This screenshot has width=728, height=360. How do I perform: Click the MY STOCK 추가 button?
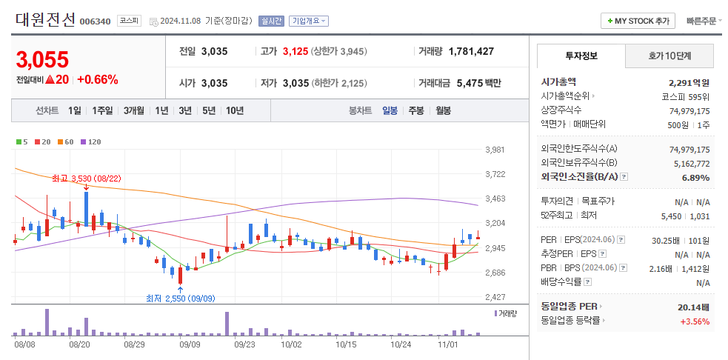coord(636,21)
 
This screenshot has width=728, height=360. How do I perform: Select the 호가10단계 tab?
coord(669,56)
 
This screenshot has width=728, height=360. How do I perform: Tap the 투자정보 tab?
coord(581,56)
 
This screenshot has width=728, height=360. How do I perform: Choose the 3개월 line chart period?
coord(134,110)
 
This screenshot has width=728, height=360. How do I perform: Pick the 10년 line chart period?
coord(235,110)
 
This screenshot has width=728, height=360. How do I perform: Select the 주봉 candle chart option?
coord(416,110)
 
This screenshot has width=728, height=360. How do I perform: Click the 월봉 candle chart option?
coord(443,110)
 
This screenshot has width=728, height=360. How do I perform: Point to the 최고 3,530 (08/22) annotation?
coord(86,179)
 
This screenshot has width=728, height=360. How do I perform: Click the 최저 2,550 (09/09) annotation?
coord(180,298)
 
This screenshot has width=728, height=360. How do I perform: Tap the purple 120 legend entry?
coord(91,141)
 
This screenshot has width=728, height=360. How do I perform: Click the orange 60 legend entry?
coord(66,141)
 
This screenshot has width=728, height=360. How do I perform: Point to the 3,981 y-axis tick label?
coord(494,150)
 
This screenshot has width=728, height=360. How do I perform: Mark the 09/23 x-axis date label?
coord(244,344)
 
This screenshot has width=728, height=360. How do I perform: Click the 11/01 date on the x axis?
coord(448,344)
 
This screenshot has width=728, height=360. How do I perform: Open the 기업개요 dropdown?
coord(309,21)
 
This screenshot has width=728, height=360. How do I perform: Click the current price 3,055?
coord(42,59)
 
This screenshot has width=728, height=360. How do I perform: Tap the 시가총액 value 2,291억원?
coord(689,82)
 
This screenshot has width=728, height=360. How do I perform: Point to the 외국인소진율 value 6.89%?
coord(695,177)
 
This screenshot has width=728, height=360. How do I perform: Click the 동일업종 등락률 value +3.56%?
coord(695,321)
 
